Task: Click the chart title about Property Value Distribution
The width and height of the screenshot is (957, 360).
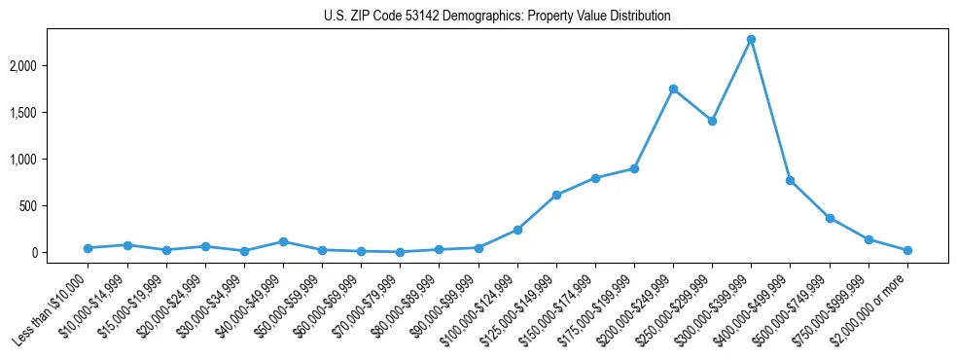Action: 497,16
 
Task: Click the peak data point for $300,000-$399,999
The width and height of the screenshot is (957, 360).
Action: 751,40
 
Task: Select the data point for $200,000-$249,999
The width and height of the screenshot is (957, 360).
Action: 673,89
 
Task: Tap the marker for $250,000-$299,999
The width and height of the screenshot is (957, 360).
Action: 712,122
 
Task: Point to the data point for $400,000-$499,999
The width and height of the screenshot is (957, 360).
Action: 790,180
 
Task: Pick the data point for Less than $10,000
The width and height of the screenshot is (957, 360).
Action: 88,248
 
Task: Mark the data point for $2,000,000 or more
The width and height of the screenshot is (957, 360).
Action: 907,250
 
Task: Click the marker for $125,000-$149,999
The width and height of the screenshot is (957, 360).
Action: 556,195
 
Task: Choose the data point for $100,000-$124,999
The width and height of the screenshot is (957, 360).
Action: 517,230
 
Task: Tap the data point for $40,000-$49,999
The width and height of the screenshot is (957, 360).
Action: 283,241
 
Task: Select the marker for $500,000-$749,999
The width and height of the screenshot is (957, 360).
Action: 830,218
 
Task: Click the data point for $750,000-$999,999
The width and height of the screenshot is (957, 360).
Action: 868,239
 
